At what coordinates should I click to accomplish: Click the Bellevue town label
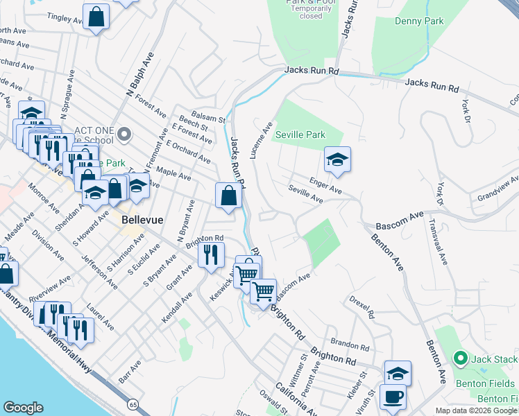142,219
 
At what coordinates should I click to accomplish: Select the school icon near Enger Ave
337,160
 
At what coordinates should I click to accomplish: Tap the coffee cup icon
393,397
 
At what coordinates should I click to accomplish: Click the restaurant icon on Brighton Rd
212,254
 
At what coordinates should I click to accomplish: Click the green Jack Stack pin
459,358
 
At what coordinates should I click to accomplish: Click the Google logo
23,408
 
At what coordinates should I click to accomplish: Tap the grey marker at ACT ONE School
124,133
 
